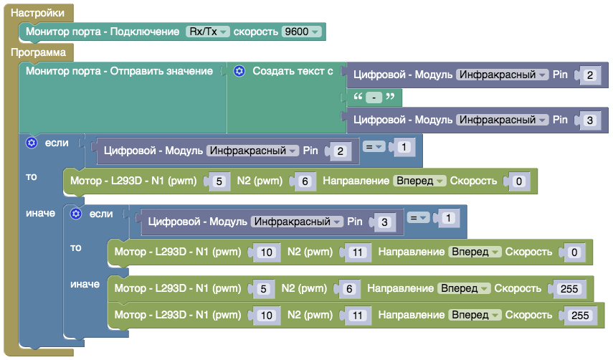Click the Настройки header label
[x=37, y=13]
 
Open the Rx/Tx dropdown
[x=207, y=32]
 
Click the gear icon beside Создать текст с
[x=239, y=71]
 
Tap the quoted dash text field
[x=374, y=98]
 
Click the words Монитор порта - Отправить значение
[x=119, y=71]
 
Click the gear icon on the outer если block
[x=31, y=143]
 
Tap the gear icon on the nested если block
[x=75, y=214]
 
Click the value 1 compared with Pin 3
[x=448, y=218]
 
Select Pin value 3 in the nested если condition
[x=384, y=223]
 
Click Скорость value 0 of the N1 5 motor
[x=518, y=182]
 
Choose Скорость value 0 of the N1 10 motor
[x=573, y=253]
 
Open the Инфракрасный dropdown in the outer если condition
[x=253, y=151]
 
